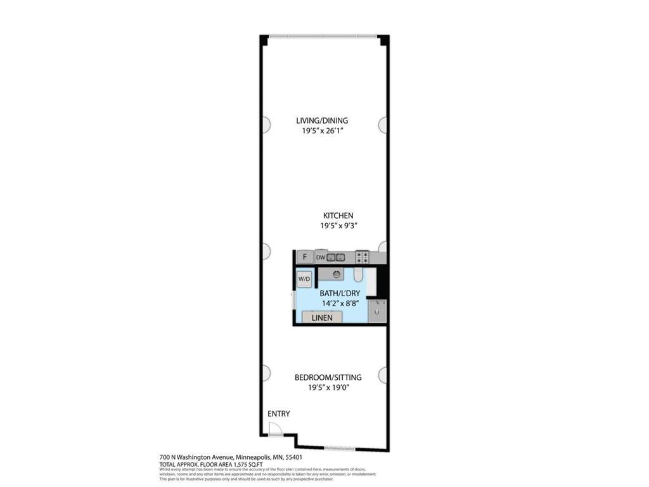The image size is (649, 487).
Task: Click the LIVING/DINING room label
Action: [x=322, y=120]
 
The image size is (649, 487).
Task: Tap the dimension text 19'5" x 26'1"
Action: [x=322, y=131]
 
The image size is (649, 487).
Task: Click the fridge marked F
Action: [x=305, y=257]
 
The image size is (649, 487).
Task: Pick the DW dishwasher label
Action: [x=320, y=257]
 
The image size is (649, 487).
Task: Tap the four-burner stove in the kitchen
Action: [x=363, y=257]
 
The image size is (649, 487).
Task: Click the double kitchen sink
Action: [x=336, y=257]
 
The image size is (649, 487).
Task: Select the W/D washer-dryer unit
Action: [x=304, y=279]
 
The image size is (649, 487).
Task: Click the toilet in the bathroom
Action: [x=358, y=275]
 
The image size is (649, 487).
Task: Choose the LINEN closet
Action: [x=322, y=318]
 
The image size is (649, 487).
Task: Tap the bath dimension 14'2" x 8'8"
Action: [x=341, y=303]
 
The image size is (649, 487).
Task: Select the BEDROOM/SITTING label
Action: [x=328, y=377]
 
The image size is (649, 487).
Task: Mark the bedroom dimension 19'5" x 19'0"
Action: [x=328, y=387]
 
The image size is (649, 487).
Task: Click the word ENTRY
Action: [x=278, y=414]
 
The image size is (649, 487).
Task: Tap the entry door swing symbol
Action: [x=275, y=430]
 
